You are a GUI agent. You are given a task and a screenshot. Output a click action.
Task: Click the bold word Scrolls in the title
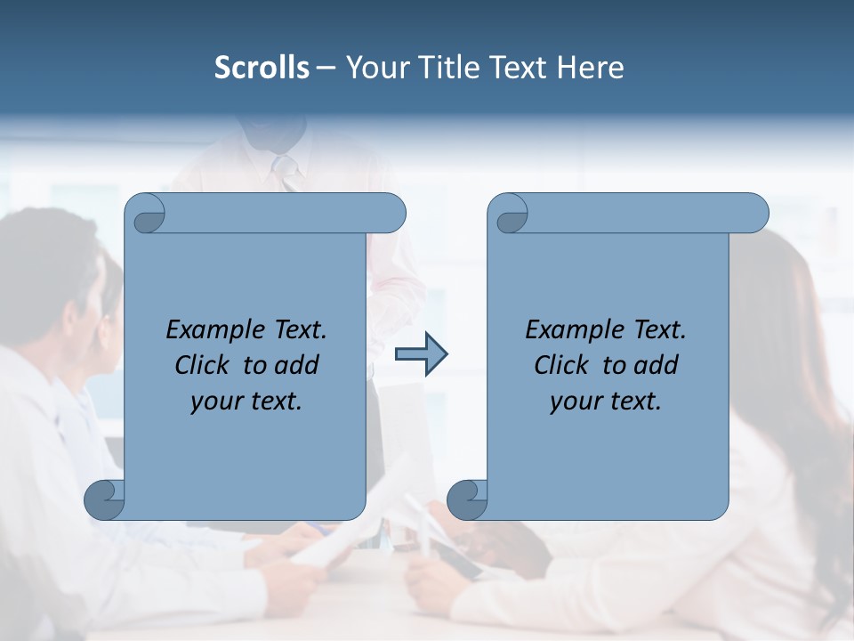tap(262, 68)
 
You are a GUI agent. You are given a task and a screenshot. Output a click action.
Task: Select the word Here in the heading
tap(590, 68)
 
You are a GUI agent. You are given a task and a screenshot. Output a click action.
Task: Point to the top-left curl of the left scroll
tap(146, 215)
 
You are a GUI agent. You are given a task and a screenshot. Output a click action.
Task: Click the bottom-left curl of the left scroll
tap(104, 499)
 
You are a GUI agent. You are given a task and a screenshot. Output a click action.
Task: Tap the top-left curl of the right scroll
tap(510, 215)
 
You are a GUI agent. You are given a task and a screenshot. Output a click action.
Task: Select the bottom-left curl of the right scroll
tap(467, 499)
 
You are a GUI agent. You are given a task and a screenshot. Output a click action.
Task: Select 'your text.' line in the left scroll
tap(246, 402)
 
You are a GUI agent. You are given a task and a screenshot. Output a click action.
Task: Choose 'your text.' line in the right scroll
tap(606, 402)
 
